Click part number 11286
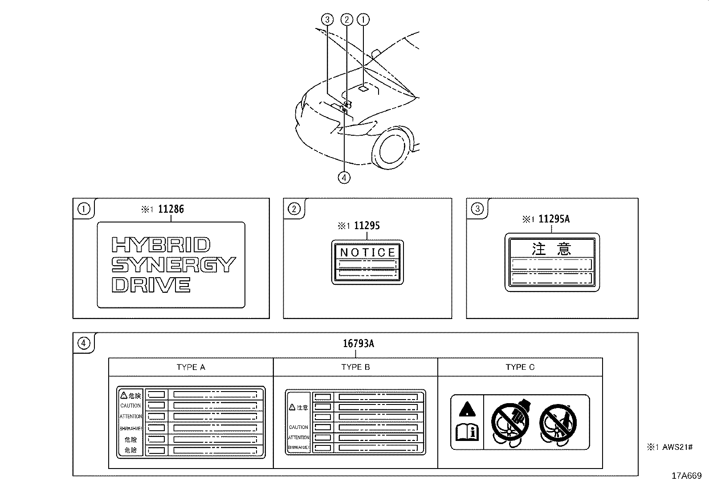171,209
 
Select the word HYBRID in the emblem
160,245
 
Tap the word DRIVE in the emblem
151,285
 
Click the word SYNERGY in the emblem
173,265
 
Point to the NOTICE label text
367,252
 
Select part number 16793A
358,344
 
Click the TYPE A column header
191,368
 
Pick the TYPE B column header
355,368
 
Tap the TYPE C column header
520,368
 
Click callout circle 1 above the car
364,19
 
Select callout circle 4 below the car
344,178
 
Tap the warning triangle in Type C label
466,408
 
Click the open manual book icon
467,432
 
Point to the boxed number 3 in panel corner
477,209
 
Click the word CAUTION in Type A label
130,406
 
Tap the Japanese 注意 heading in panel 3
551,248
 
